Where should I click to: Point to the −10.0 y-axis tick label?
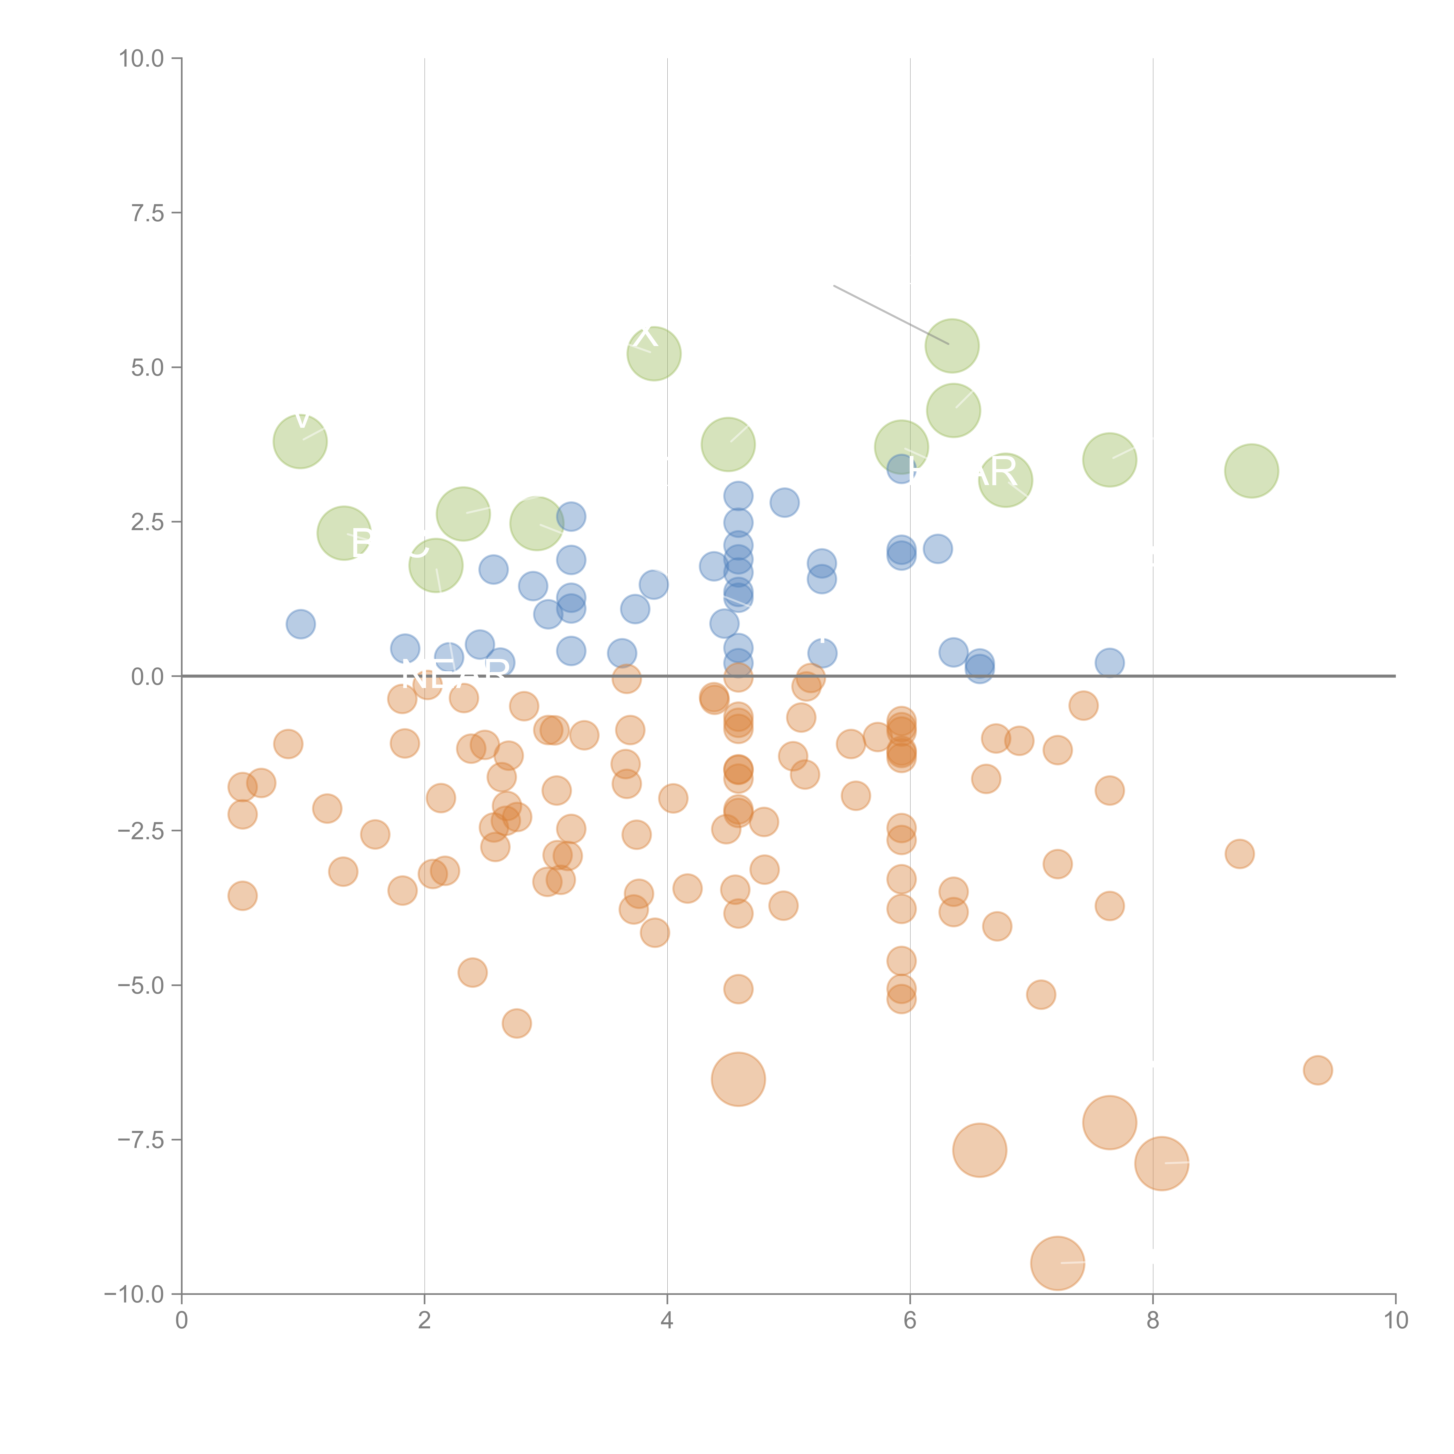pos(134,1294)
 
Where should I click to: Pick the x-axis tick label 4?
pos(667,1321)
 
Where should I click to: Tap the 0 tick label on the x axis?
pos(181,1321)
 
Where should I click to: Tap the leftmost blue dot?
pos(300,624)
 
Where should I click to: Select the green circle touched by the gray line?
pos(952,345)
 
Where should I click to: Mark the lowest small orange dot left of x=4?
pos(516,1024)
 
